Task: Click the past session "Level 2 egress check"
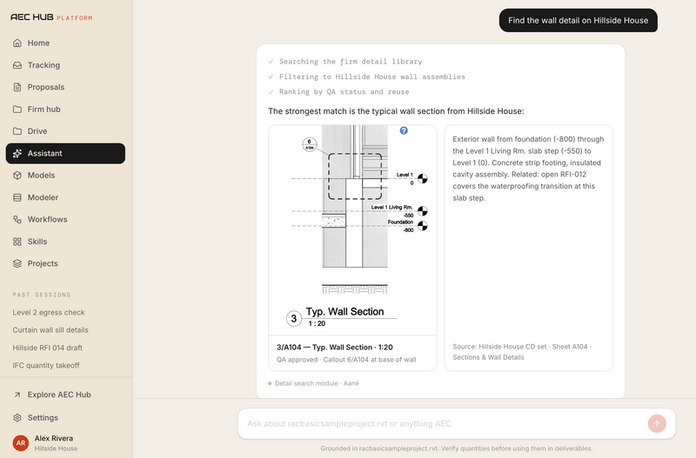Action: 49,313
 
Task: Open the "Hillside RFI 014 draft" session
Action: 48,348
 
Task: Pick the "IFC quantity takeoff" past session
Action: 46,366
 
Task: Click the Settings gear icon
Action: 17,418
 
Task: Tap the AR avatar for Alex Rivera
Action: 21,442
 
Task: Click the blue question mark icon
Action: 404,130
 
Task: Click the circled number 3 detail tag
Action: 294,318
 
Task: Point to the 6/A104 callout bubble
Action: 310,144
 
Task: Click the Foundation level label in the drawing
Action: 400,222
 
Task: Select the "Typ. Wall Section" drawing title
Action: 345,312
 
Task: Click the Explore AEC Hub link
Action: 59,395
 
